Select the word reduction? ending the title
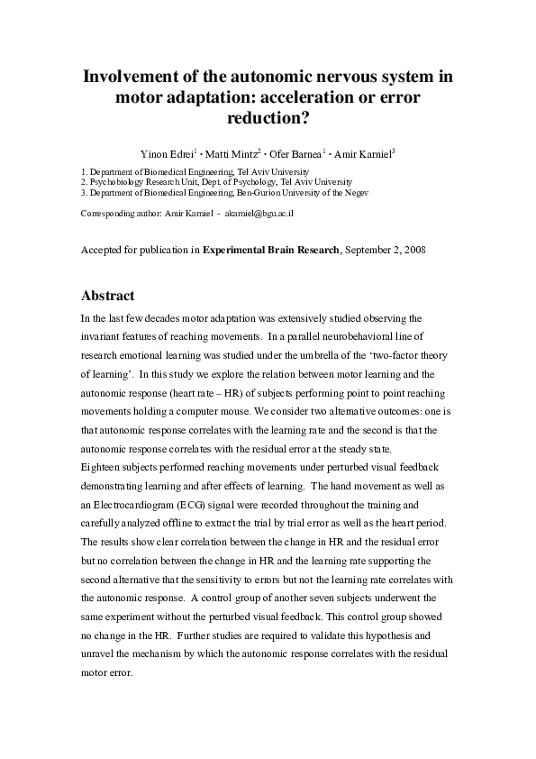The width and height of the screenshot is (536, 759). (x=268, y=117)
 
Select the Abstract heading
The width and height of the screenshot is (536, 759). (x=107, y=296)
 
